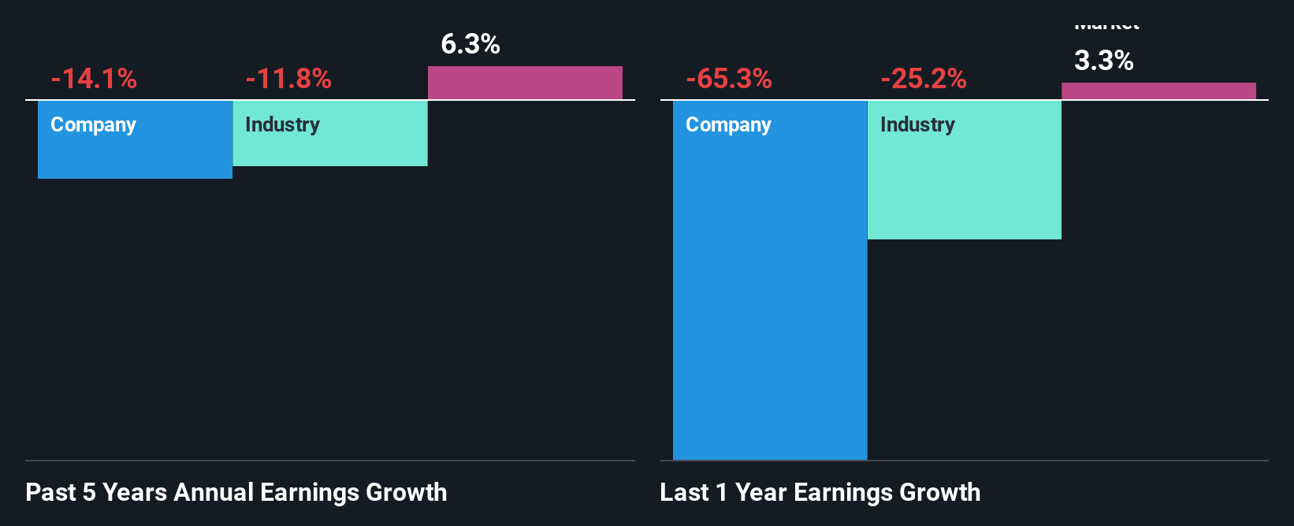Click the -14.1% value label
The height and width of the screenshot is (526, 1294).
pyautogui.click(x=94, y=79)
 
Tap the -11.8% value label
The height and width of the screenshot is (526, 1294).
pyautogui.click(x=288, y=79)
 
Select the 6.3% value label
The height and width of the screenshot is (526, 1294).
pyautogui.click(x=470, y=44)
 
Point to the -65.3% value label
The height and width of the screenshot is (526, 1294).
pyautogui.click(x=729, y=79)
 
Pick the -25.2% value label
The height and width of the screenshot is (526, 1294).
pyautogui.click(x=924, y=79)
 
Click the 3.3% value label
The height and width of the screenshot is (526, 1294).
pyautogui.click(x=1104, y=61)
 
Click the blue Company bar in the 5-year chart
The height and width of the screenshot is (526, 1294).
pyautogui.click(x=135, y=154)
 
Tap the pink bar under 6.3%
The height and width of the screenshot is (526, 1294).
pyautogui.click(x=525, y=83)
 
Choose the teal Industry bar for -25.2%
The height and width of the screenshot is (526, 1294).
pyautogui.click(x=965, y=189)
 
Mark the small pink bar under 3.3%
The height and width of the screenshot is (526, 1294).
pyautogui.click(x=1158, y=91)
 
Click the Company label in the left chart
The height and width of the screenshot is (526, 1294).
pyautogui.click(x=93, y=124)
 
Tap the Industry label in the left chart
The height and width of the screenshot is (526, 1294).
pyautogui.click(x=282, y=124)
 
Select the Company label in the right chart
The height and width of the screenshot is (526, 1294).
pyautogui.click(x=728, y=124)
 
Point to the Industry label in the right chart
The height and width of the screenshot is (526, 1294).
pyautogui.click(x=917, y=124)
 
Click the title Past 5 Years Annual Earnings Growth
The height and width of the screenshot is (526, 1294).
pyautogui.click(x=236, y=492)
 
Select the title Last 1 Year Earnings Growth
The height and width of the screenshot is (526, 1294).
pyautogui.click(x=820, y=492)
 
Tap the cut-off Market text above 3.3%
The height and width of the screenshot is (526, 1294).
pyautogui.click(x=1107, y=27)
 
